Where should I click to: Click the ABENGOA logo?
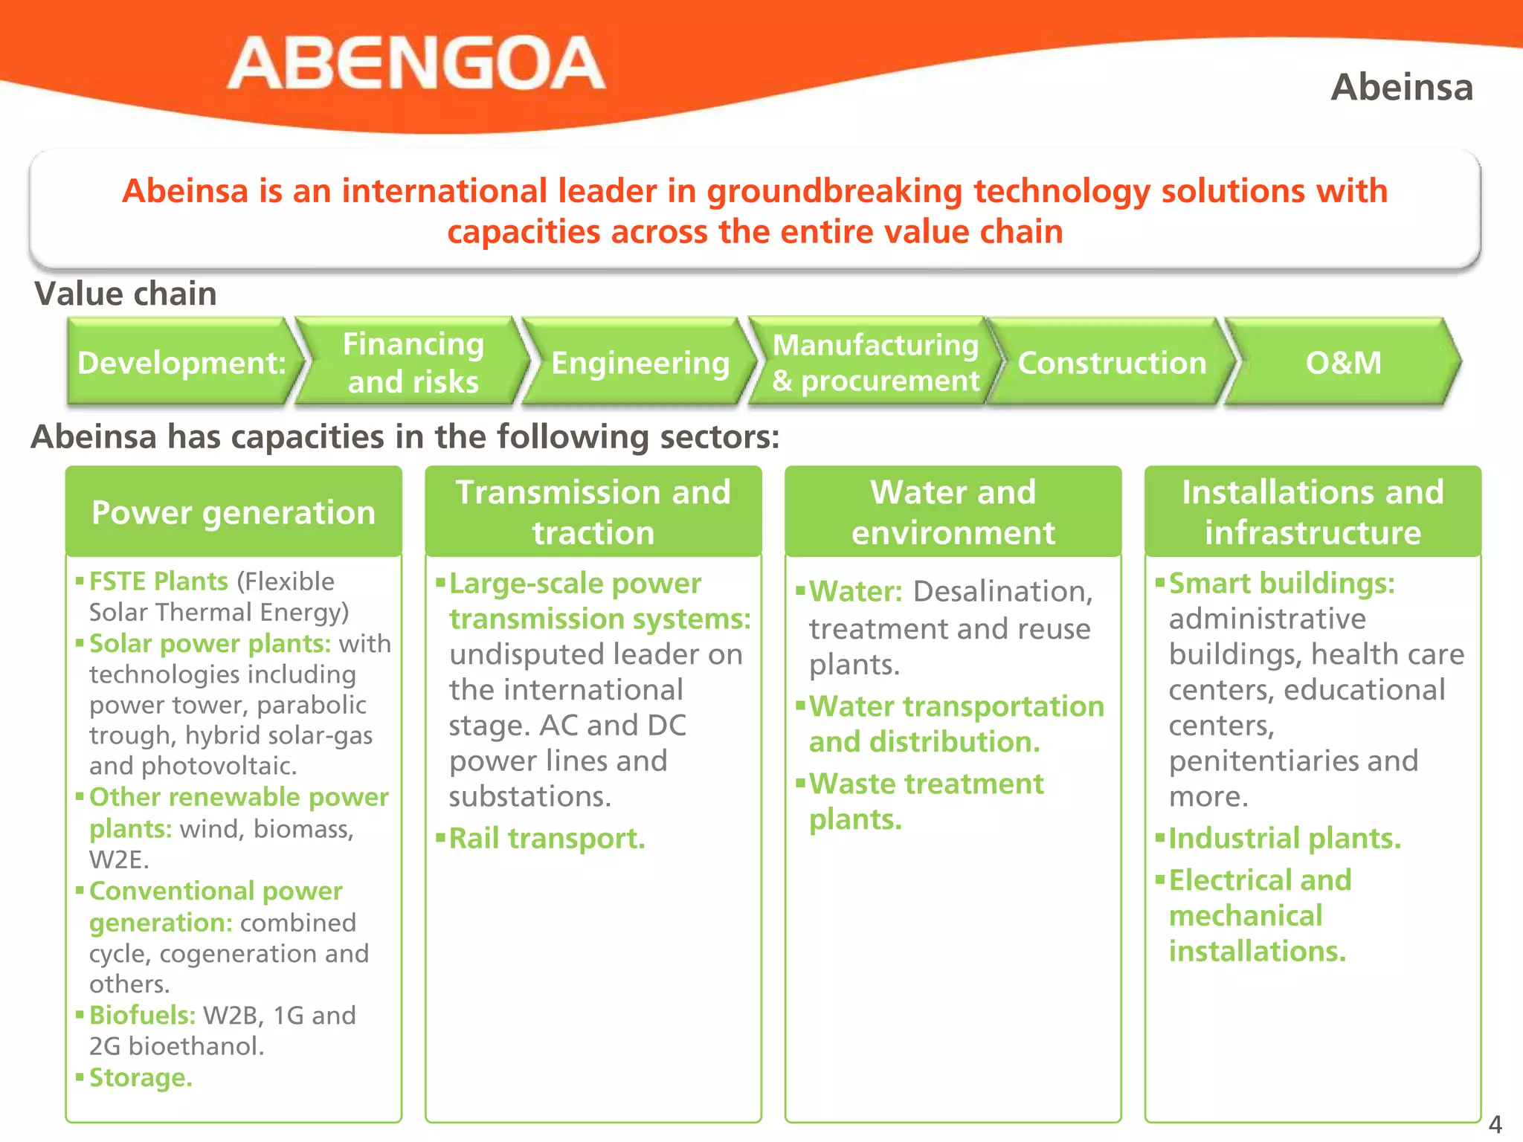(x=416, y=64)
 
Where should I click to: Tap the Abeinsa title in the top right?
(x=1401, y=88)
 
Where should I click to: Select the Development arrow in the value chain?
(x=181, y=363)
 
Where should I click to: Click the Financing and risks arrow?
(x=413, y=363)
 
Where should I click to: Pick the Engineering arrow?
(x=640, y=363)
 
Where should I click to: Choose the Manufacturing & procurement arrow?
(x=875, y=363)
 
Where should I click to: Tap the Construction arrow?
(x=1111, y=363)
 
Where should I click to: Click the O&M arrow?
(x=1343, y=363)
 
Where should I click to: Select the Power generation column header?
(x=234, y=512)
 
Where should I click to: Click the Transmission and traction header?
(x=593, y=512)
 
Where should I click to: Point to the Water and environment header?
(x=953, y=512)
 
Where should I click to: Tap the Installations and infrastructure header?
(x=1313, y=512)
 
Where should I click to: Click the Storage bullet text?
(x=141, y=1077)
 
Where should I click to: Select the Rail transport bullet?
(x=547, y=839)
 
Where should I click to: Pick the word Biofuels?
(x=142, y=1015)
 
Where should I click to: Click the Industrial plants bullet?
(x=1284, y=839)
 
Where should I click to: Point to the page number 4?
(x=1495, y=1123)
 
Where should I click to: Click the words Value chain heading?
(x=126, y=294)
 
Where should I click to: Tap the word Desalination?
(x=1002, y=592)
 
